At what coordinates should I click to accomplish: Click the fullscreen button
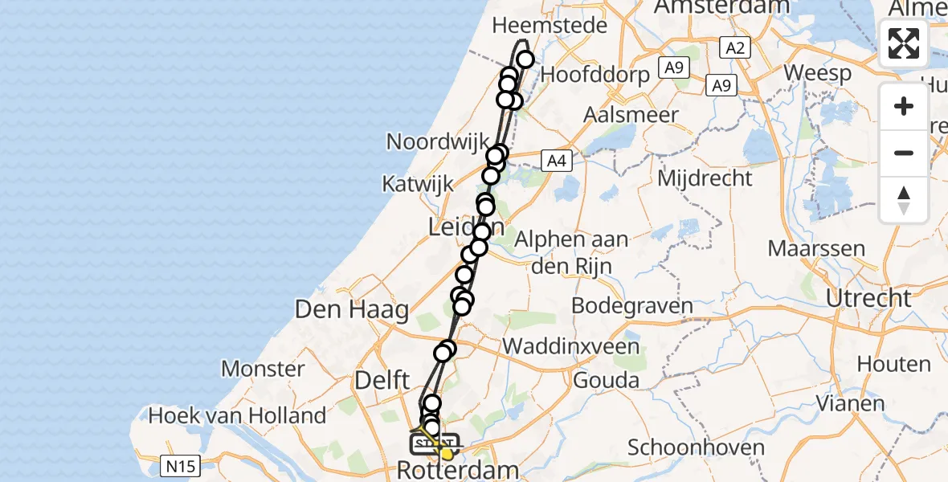(x=904, y=43)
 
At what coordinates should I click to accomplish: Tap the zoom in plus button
(x=904, y=106)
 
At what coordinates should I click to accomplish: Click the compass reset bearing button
(x=904, y=199)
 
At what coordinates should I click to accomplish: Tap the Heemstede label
(x=550, y=26)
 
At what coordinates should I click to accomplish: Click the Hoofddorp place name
(x=595, y=75)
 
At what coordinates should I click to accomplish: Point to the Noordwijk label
(x=438, y=141)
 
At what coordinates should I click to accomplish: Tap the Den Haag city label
(x=352, y=308)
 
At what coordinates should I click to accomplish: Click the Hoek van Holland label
(x=238, y=415)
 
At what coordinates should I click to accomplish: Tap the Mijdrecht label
(x=705, y=178)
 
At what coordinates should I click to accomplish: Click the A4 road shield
(x=556, y=161)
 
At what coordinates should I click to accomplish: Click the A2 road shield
(x=734, y=48)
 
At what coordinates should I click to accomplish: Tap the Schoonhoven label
(x=693, y=447)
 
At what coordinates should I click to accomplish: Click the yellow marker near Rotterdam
(x=447, y=455)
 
